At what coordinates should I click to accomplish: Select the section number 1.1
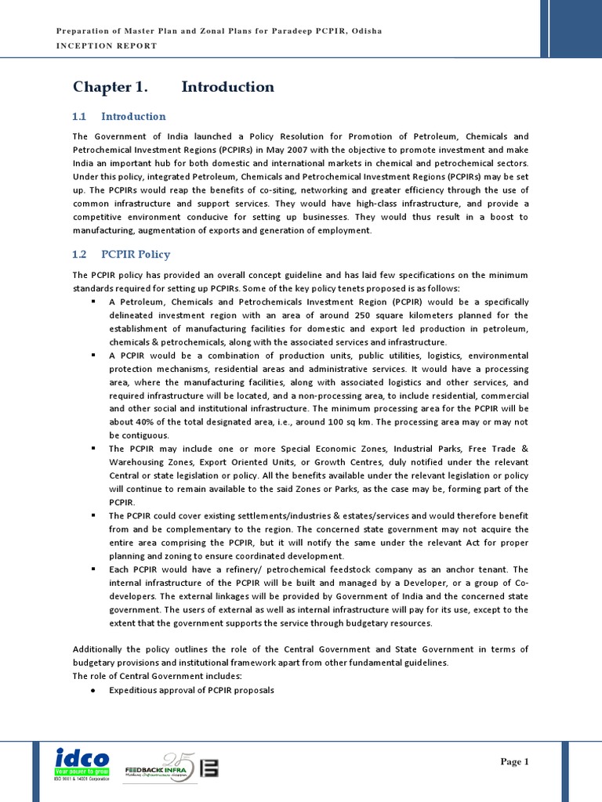[x=78, y=117]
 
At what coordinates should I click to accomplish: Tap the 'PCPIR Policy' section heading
[x=136, y=255]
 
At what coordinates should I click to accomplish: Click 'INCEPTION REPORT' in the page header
[x=107, y=45]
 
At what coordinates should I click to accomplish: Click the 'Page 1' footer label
[x=515, y=761]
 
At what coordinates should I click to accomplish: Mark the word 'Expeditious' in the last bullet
[x=134, y=690]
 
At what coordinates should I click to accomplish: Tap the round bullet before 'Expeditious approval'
[x=93, y=690]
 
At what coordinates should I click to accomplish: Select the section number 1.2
[x=78, y=255]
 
